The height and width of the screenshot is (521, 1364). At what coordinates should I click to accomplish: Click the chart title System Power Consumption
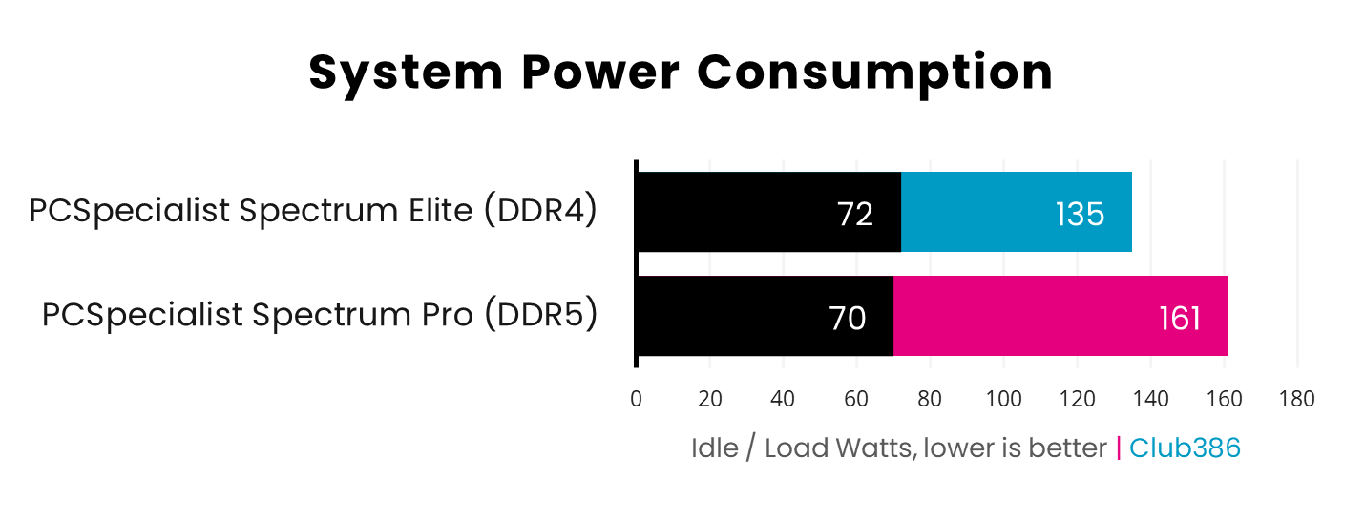[x=681, y=73]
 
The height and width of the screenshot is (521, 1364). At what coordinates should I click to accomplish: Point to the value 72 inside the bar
[x=854, y=215]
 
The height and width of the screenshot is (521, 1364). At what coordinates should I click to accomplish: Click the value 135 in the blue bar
[x=1080, y=215]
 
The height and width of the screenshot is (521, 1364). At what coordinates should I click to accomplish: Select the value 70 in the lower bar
[x=847, y=319]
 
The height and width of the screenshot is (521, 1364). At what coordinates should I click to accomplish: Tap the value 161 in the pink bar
[x=1179, y=319]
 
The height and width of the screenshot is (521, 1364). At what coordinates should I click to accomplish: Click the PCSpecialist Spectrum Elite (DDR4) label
[x=313, y=211]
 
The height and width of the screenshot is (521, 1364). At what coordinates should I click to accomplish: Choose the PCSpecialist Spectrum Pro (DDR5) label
[x=320, y=314]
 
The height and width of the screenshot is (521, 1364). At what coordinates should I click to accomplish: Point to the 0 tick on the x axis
[x=636, y=399]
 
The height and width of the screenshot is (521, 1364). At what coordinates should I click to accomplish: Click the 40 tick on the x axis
[x=783, y=399]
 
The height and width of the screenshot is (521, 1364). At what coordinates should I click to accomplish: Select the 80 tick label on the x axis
[x=930, y=399]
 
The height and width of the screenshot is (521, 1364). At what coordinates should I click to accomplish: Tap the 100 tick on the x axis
[x=1003, y=399]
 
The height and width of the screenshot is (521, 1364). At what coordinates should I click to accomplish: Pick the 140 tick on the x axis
[x=1150, y=399]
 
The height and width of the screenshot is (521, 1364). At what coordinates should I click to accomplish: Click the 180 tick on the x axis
[x=1297, y=399]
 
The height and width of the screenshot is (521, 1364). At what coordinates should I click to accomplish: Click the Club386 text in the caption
[x=1185, y=448]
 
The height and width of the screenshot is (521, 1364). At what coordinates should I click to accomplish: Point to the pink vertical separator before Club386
[x=1119, y=448]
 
